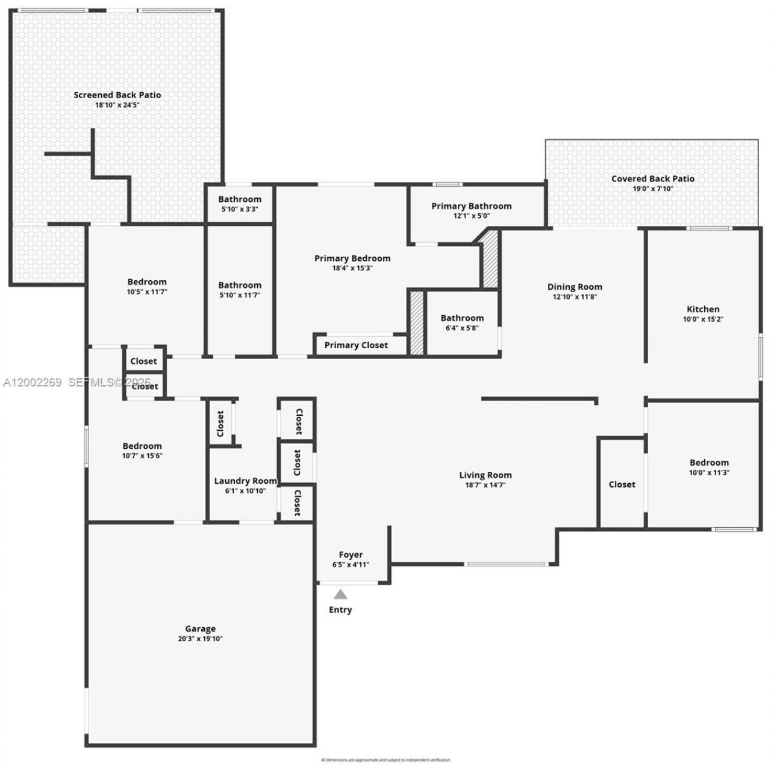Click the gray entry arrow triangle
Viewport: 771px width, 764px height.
(340, 595)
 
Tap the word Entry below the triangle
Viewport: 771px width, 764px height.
(340, 610)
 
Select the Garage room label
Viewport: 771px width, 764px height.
(200, 628)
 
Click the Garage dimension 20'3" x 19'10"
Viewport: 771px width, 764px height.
(200, 639)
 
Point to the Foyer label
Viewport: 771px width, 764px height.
(351, 554)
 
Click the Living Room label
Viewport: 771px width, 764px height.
(485, 475)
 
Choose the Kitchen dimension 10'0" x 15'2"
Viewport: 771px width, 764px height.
(703, 319)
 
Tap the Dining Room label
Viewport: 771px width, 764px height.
(574, 287)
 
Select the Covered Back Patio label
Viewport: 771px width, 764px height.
(652, 178)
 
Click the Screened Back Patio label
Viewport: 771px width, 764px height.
(117, 95)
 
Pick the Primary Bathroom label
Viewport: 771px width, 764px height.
(471, 205)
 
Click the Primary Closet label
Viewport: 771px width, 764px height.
(356, 345)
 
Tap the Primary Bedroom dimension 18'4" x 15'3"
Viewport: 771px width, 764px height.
(352, 268)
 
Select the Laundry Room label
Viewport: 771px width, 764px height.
(245, 481)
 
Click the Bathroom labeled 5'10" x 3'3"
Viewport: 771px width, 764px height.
(240, 199)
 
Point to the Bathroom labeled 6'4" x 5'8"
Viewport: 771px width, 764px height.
(462, 318)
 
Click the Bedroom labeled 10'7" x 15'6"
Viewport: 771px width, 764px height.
(142, 446)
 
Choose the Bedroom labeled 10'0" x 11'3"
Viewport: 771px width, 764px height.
(709, 463)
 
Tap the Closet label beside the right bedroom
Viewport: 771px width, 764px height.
(622, 484)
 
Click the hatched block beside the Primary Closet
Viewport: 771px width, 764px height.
(416, 322)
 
